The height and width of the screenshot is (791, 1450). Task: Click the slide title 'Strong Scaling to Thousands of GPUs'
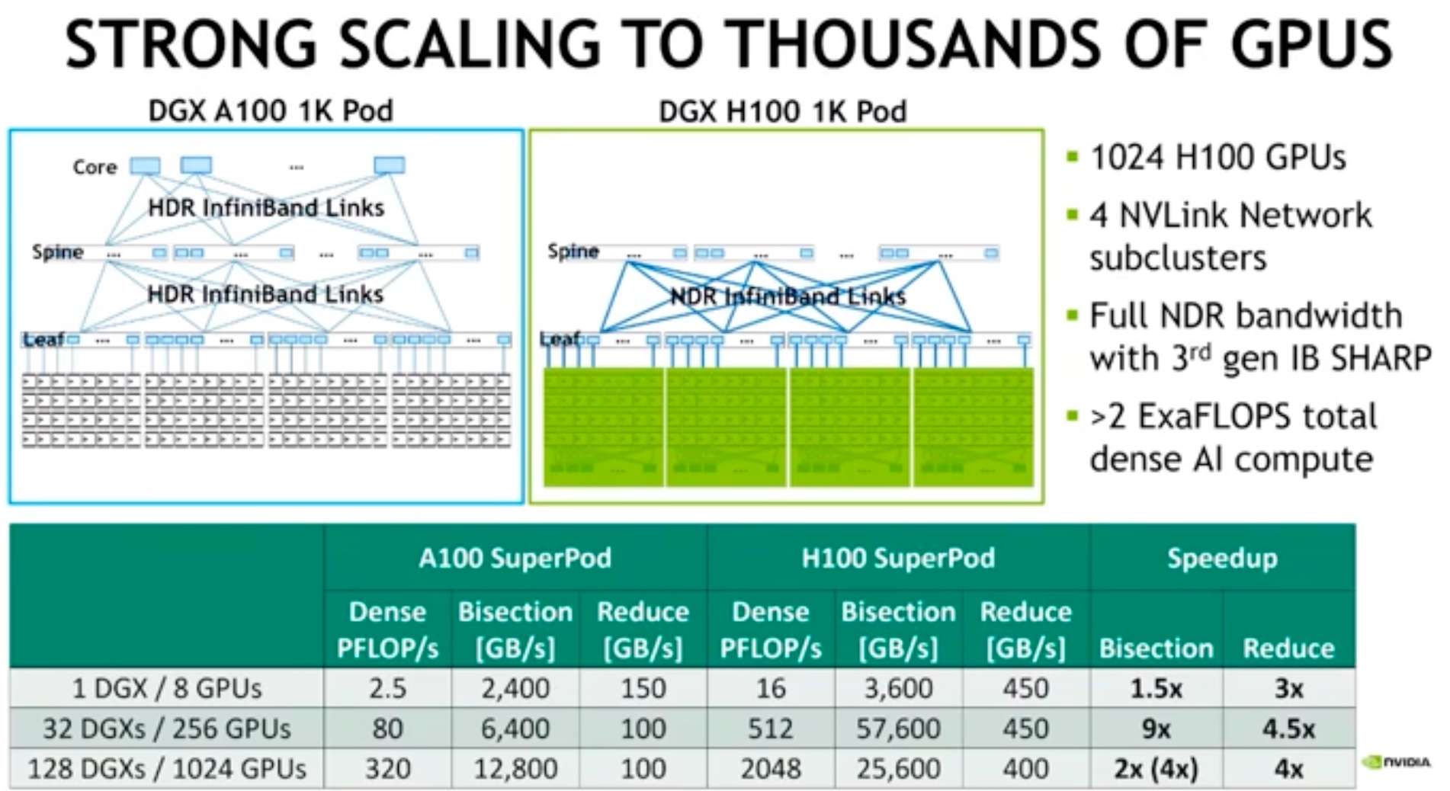click(728, 44)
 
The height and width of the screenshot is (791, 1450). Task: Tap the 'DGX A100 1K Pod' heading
click(270, 111)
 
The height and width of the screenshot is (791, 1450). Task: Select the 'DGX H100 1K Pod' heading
click(782, 112)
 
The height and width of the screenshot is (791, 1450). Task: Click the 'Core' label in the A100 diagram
click(95, 167)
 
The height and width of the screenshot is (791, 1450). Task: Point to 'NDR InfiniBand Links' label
click(788, 296)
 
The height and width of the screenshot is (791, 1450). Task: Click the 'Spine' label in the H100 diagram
click(573, 251)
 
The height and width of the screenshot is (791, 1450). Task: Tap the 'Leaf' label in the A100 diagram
click(43, 339)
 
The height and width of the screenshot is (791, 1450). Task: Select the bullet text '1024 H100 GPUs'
click(1217, 158)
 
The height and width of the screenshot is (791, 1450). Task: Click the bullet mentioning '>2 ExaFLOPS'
click(1233, 438)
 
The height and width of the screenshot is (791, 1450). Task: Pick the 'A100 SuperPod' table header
click(515, 559)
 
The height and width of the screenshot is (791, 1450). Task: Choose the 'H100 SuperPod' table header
click(898, 559)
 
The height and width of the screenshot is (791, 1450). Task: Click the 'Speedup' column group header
click(1222, 559)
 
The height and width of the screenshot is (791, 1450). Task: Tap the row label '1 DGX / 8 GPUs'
click(166, 689)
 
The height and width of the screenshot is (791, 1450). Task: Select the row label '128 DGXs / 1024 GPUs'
click(166, 769)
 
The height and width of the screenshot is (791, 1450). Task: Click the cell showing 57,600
click(898, 729)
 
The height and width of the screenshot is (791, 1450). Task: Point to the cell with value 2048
click(771, 769)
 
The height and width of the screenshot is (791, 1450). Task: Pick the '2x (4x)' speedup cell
click(1156, 769)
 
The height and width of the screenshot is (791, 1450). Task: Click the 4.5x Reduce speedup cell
click(1288, 729)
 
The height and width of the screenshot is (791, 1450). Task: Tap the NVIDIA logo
click(1397, 761)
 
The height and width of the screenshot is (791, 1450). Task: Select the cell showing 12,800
click(515, 769)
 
